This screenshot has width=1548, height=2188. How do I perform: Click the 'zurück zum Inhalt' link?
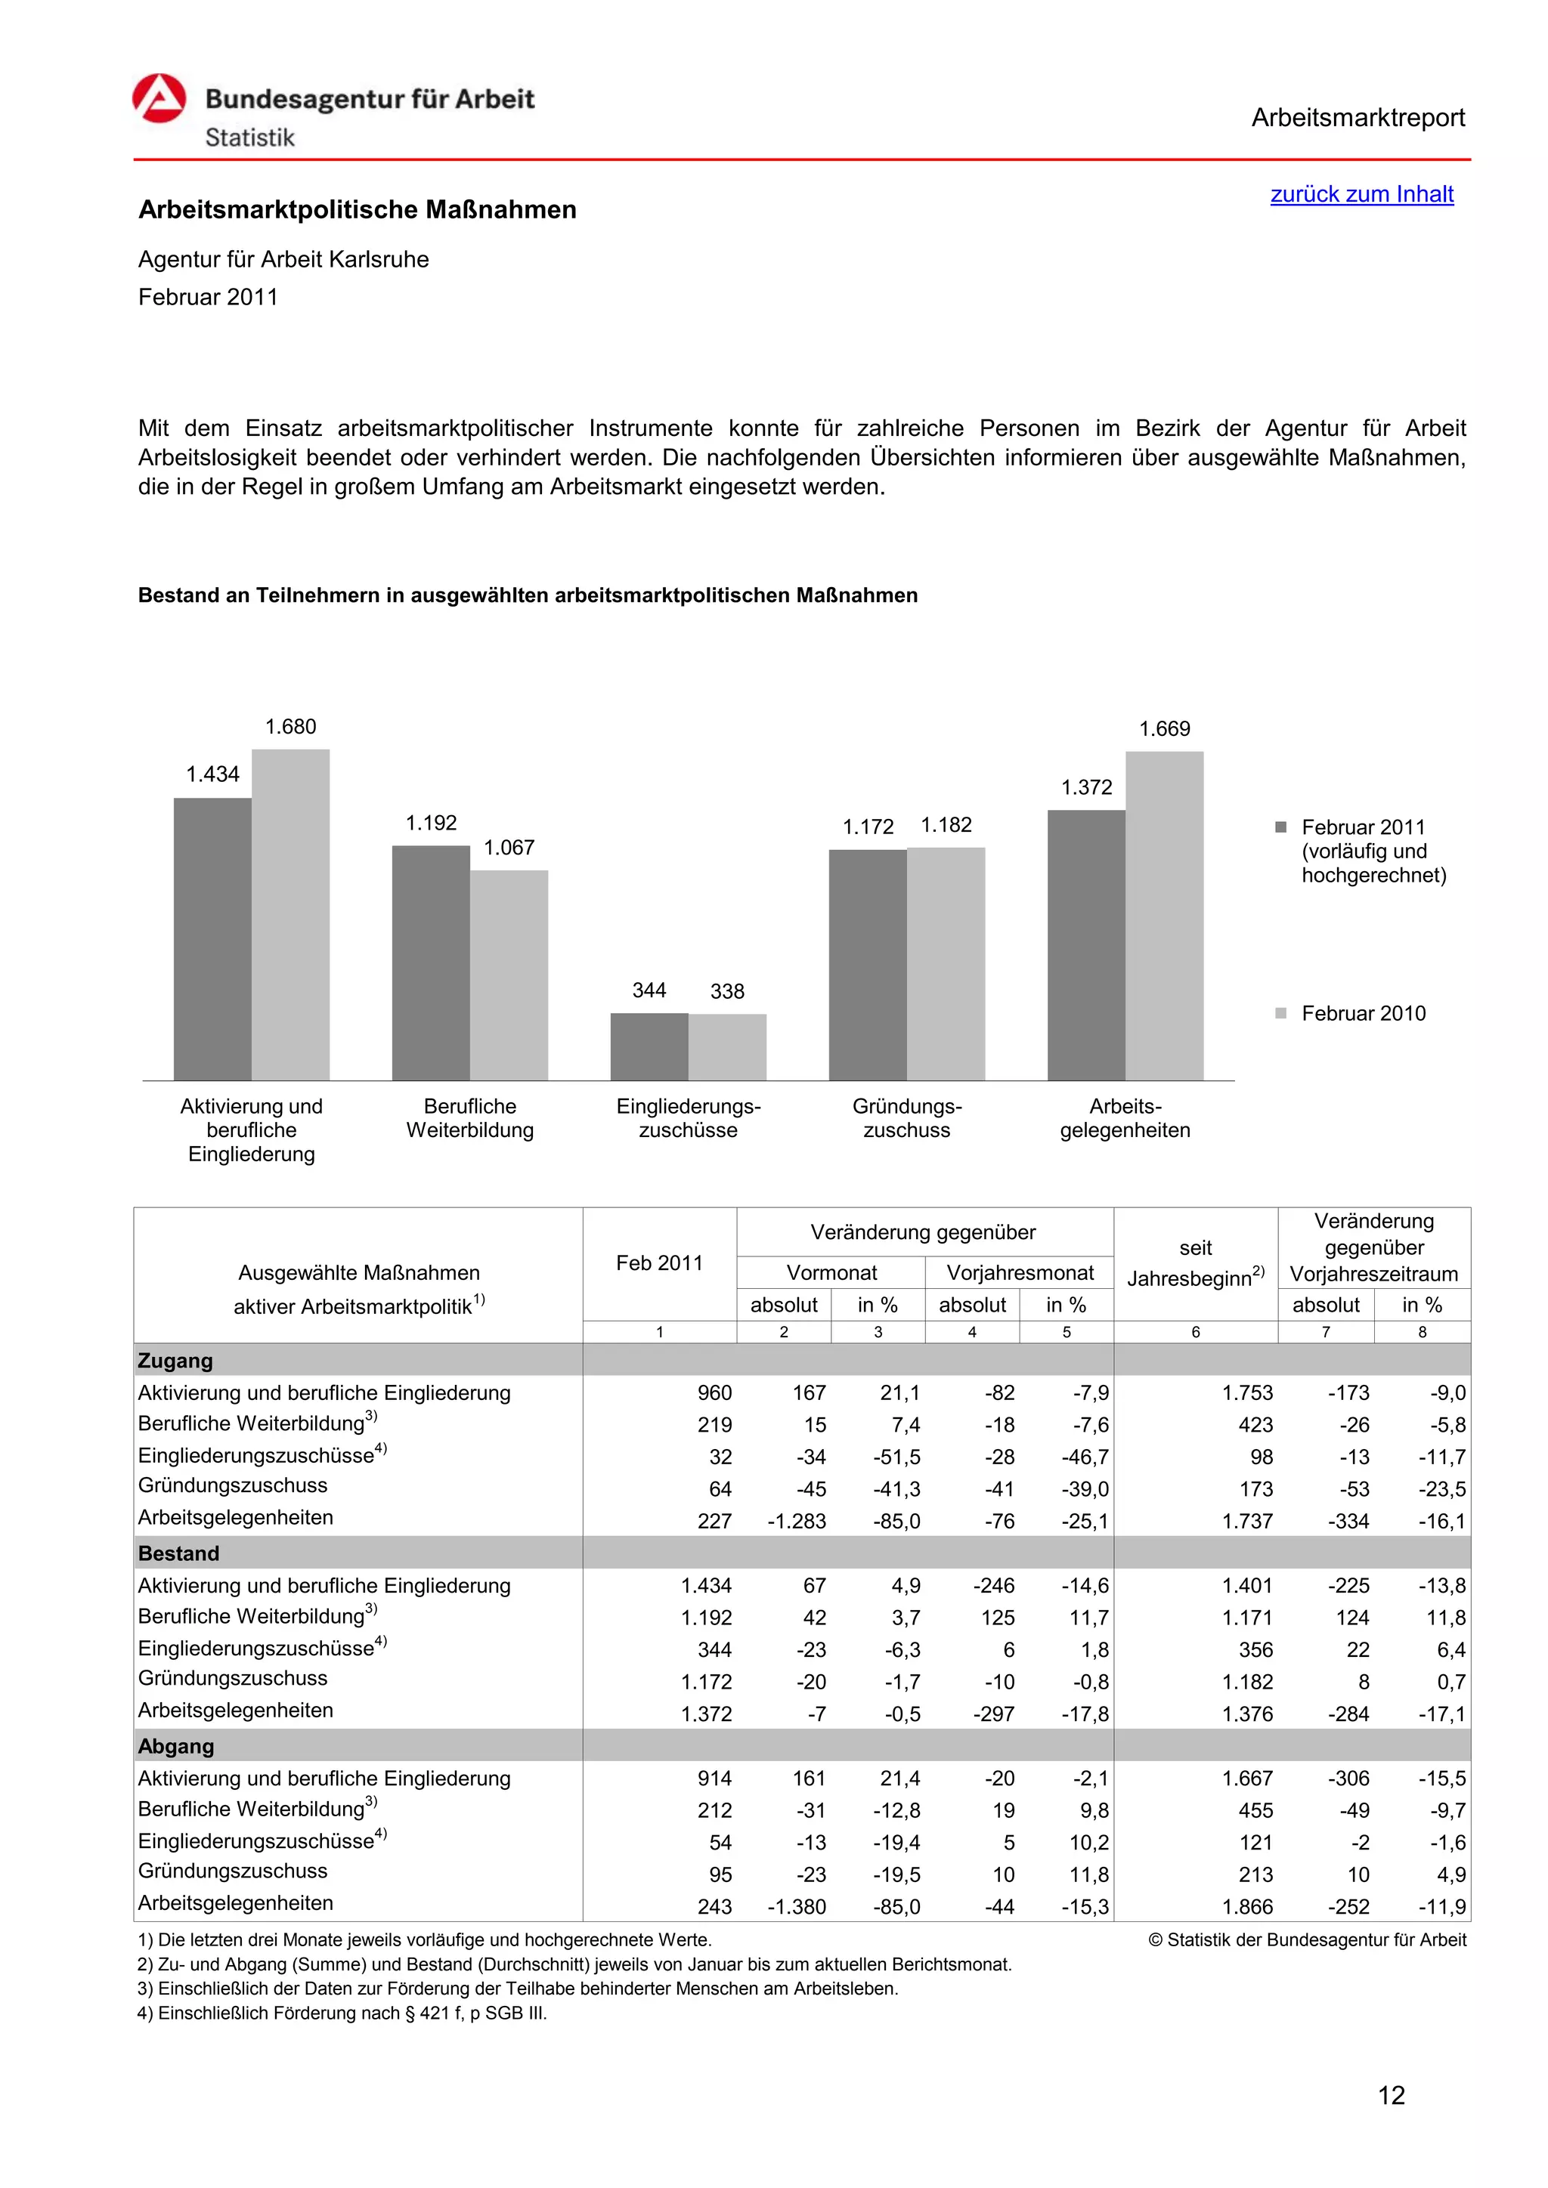(1361, 194)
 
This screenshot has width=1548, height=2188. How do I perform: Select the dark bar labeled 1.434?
(212, 938)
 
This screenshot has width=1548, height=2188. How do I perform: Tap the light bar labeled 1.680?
(291, 915)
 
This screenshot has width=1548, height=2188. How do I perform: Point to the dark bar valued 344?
(649, 1046)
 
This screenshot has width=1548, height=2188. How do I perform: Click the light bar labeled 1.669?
(1164, 916)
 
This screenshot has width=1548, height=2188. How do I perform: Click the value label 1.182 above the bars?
(946, 825)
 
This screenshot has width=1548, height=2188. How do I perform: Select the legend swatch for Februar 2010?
(1281, 1013)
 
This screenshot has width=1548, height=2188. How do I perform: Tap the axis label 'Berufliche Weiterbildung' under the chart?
(470, 1119)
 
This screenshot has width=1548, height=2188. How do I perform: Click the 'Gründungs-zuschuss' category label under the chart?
(906, 1119)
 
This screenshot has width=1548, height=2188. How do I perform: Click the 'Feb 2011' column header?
(658, 1264)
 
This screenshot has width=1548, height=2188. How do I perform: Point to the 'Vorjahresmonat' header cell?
(1019, 1273)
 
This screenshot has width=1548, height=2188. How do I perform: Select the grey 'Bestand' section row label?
(179, 1553)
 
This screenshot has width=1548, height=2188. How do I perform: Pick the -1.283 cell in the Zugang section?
(796, 1522)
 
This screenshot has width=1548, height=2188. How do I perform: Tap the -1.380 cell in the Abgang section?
(796, 1907)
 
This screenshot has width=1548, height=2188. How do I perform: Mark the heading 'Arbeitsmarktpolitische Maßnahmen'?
(358, 209)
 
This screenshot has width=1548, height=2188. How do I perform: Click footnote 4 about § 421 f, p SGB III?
(342, 2013)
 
